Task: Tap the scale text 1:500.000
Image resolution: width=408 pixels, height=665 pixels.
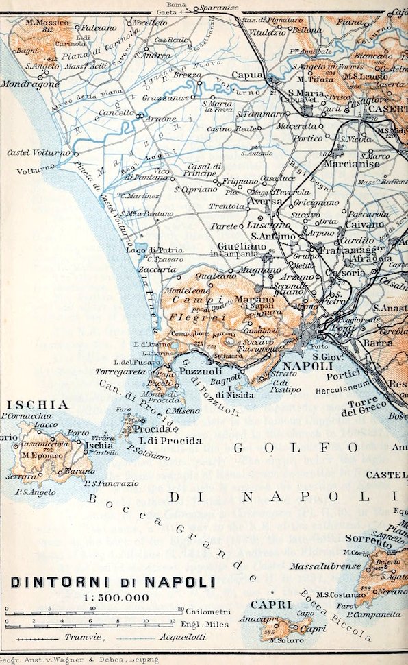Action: (116, 598)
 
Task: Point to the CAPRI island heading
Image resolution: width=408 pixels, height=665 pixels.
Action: (267, 604)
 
